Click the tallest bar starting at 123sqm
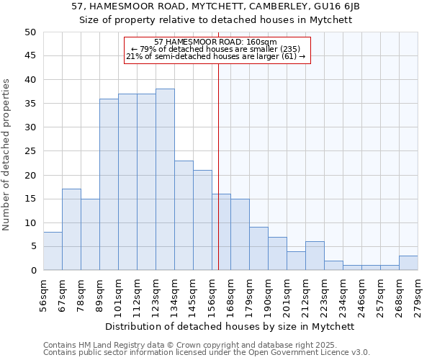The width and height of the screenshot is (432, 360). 165,179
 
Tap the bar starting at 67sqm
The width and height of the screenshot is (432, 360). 71,230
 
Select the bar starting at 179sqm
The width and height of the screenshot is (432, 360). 258,248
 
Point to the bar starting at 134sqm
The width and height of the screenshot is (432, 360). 184,215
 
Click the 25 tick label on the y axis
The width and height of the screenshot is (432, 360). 30,151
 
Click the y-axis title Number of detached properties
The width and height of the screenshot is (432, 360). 7,154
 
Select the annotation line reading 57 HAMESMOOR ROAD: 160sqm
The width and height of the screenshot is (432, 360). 216,42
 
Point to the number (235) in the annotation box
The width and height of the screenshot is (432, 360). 297,49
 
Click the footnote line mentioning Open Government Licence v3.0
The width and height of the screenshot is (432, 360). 207,353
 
